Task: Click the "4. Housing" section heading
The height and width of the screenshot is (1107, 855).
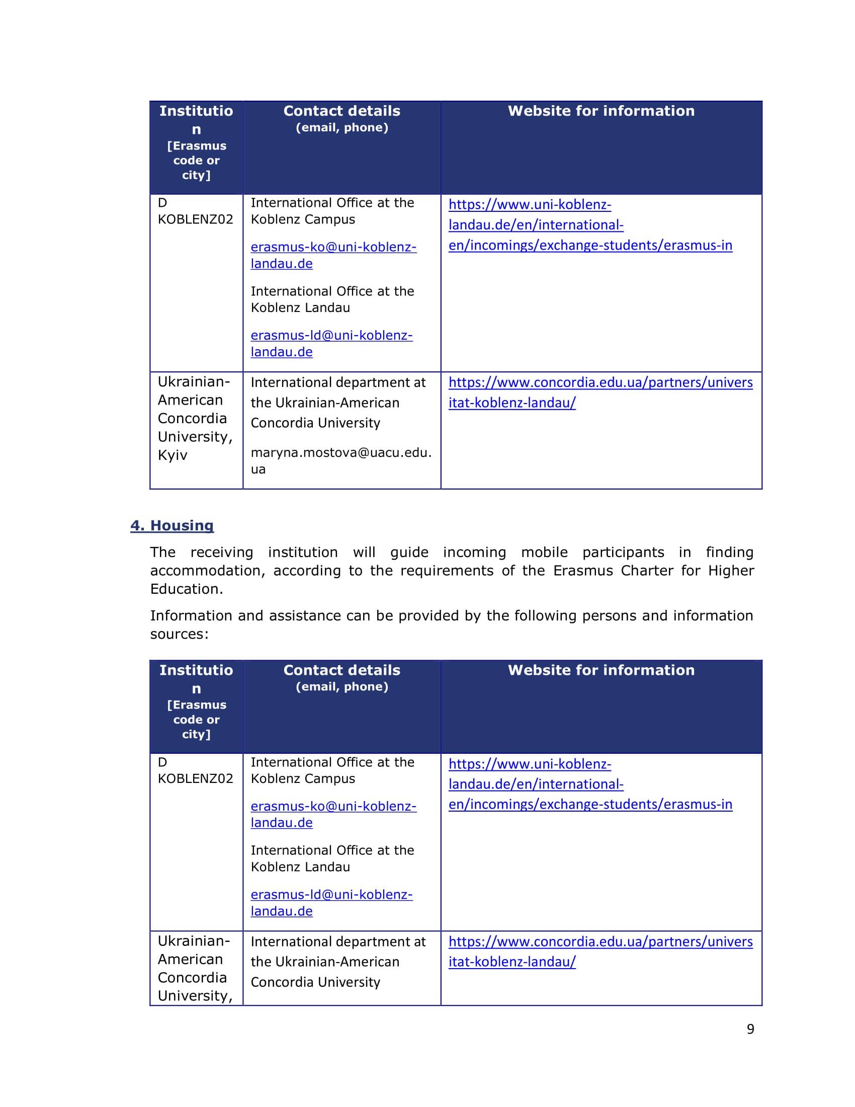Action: (x=172, y=526)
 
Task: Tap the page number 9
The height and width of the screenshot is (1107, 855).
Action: (x=750, y=1029)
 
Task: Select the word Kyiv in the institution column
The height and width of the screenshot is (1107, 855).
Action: (x=172, y=455)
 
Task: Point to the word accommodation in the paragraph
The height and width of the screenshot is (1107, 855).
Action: (x=207, y=571)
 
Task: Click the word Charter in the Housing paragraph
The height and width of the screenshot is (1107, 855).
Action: (x=647, y=571)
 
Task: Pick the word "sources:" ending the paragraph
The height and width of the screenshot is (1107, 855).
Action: (x=180, y=634)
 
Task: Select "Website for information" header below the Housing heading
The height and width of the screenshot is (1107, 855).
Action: (x=601, y=670)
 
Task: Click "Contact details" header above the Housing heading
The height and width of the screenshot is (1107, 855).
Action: (x=341, y=111)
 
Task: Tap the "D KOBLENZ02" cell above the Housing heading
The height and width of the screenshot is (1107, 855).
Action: (x=195, y=211)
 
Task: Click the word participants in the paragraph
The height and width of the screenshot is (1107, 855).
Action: (x=623, y=552)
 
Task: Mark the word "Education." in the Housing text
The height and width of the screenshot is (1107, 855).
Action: (x=187, y=589)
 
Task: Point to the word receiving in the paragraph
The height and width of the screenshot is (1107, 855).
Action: (x=221, y=552)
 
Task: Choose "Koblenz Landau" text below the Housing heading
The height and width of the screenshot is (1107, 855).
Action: (x=300, y=867)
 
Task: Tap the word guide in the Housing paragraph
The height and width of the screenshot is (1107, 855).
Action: (x=409, y=552)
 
